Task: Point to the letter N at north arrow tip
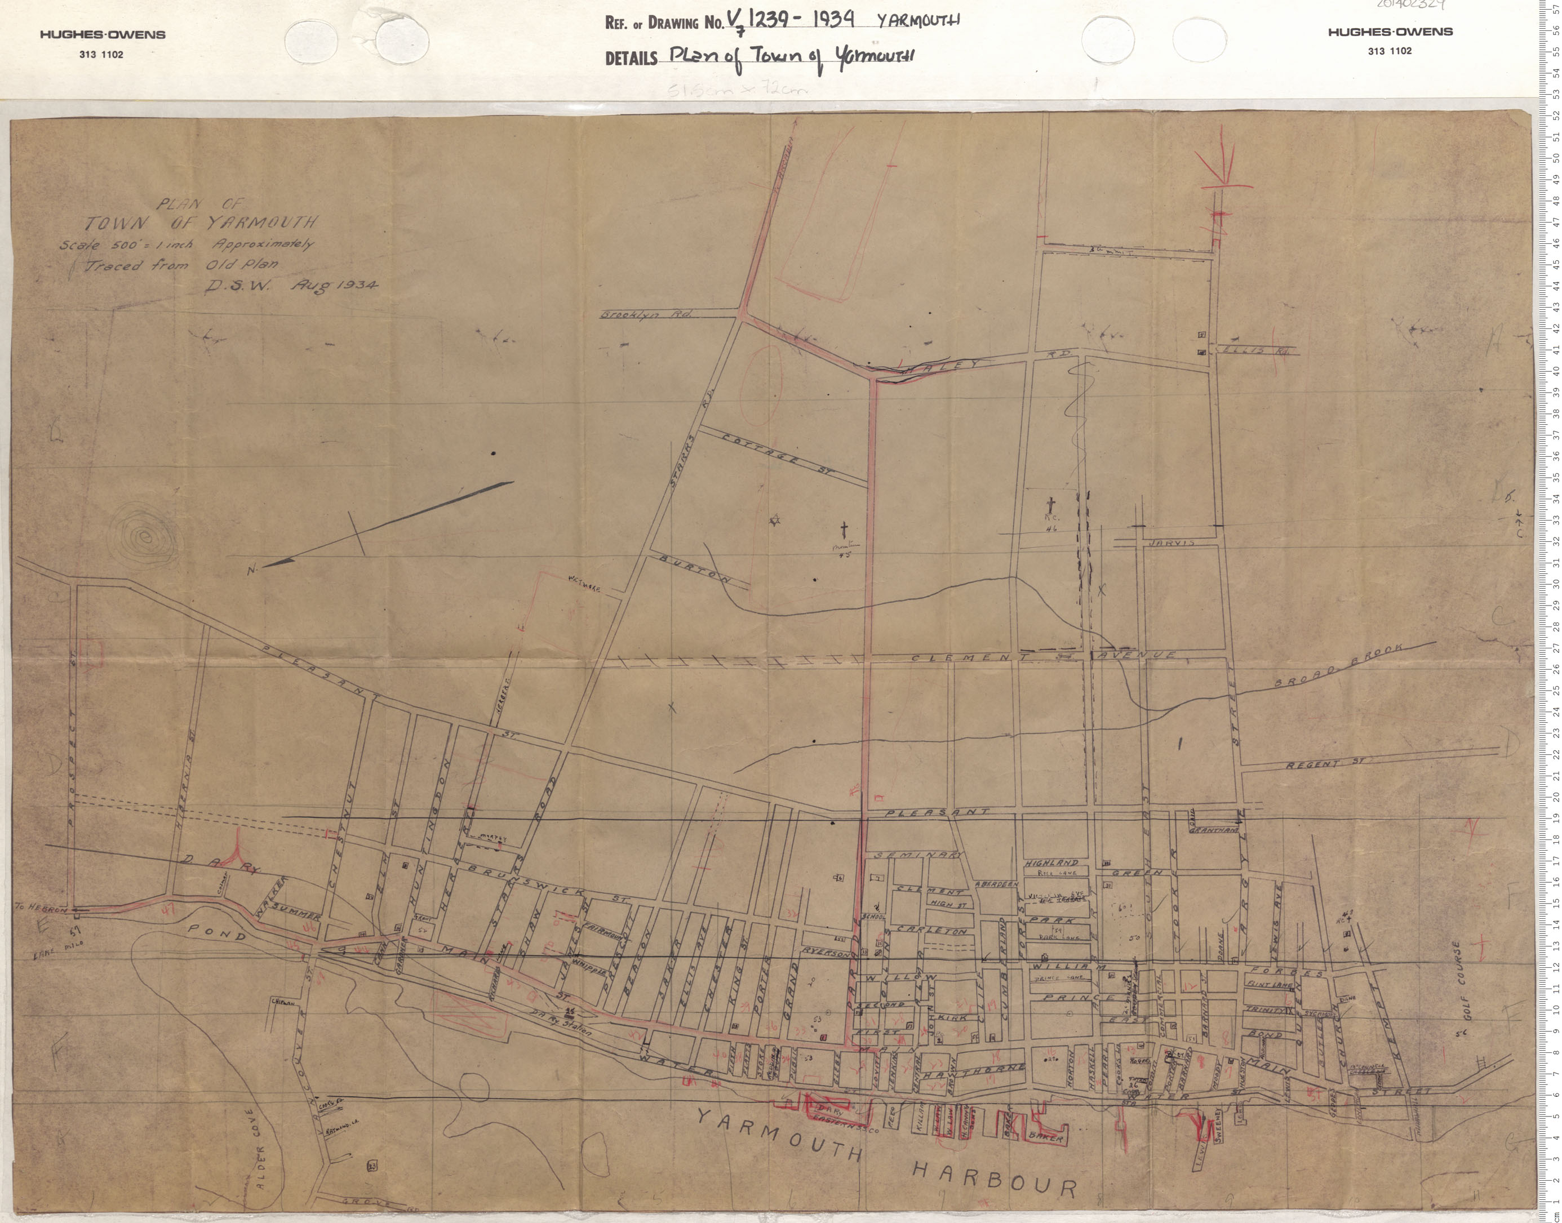point(251,571)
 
